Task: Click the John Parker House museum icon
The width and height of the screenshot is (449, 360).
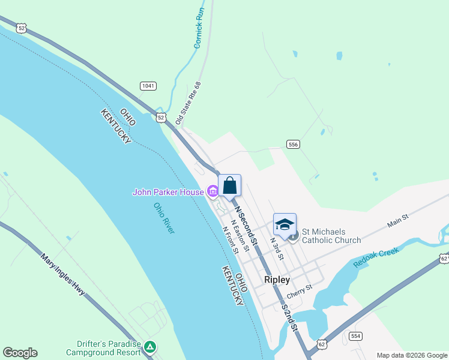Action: point(212,192)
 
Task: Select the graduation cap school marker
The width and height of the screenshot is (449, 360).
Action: point(285,225)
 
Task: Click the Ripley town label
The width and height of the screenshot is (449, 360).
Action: point(277,280)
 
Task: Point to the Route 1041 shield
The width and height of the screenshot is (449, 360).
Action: point(148,86)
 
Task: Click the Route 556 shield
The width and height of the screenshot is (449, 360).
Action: point(293,145)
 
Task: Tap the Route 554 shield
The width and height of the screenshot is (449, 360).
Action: point(356,336)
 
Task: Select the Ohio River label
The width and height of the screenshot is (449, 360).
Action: point(164,218)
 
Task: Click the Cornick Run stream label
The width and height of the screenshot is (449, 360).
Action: point(199,28)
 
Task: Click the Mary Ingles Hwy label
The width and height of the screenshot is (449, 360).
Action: point(62,277)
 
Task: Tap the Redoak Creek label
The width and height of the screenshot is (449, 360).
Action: point(376,257)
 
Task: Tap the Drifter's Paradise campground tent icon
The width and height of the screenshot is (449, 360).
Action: point(151,346)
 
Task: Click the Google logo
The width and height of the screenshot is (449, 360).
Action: point(20,353)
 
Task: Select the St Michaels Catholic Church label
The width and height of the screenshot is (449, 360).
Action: point(331,235)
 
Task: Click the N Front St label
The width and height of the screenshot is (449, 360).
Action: point(231,239)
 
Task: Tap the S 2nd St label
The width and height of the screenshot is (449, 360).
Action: point(289,317)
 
